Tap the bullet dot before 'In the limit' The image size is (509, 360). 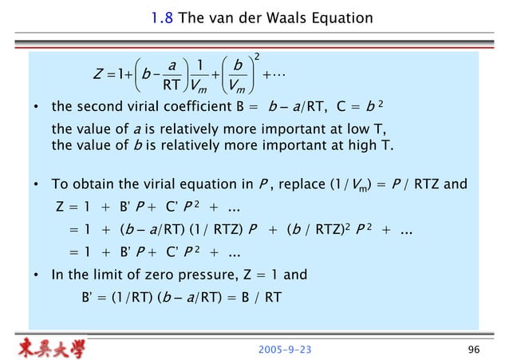tap(37, 277)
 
